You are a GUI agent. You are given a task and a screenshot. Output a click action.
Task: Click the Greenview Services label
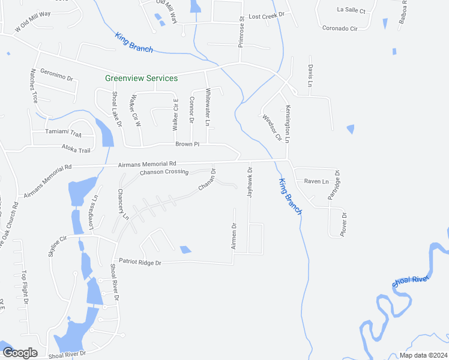(141, 78)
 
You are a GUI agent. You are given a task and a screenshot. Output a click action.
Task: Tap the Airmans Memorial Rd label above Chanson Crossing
(147, 164)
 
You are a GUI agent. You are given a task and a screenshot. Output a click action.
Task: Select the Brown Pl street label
(187, 144)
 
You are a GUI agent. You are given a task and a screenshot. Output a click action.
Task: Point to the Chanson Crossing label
(164, 173)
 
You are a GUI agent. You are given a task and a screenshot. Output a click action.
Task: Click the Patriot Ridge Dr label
(140, 262)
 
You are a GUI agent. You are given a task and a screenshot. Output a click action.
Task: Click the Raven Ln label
(316, 181)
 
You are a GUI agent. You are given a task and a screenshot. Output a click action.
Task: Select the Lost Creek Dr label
(266, 15)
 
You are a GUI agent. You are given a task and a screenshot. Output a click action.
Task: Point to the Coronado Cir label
(340, 28)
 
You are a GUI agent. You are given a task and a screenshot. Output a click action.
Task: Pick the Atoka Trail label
(76, 150)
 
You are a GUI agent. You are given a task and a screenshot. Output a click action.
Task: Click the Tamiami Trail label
(63, 133)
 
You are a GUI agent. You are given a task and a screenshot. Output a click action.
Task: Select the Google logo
(19, 352)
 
